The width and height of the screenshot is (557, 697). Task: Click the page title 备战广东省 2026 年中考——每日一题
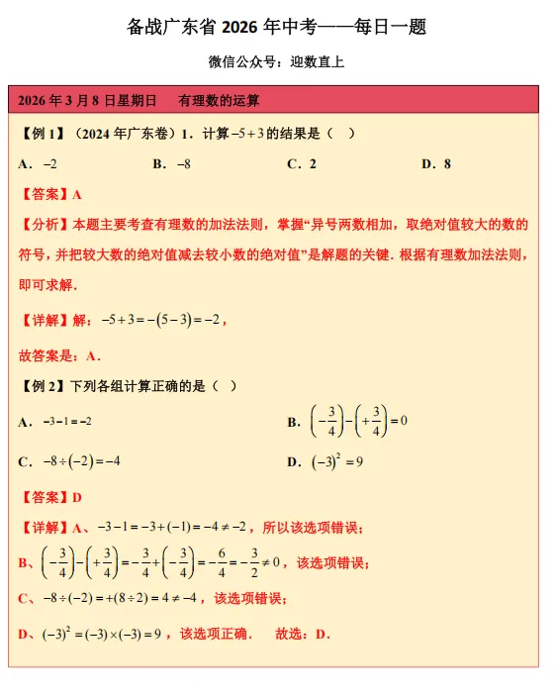click(x=277, y=27)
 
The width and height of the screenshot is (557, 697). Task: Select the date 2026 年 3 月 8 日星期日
click(x=88, y=100)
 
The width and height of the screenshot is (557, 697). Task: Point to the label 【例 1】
click(x=43, y=133)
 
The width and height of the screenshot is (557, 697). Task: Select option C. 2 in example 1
click(x=302, y=163)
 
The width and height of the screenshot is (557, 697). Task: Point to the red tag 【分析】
click(x=43, y=225)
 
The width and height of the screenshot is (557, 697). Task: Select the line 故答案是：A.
click(x=59, y=355)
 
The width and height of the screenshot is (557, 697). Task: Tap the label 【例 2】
click(x=43, y=386)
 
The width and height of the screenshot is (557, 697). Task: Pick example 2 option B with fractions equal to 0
click(x=347, y=421)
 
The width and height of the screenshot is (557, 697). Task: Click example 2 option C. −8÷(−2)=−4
click(x=69, y=461)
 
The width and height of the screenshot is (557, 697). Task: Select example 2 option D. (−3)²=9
click(x=325, y=461)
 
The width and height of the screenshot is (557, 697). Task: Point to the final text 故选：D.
click(x=302, y=634)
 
